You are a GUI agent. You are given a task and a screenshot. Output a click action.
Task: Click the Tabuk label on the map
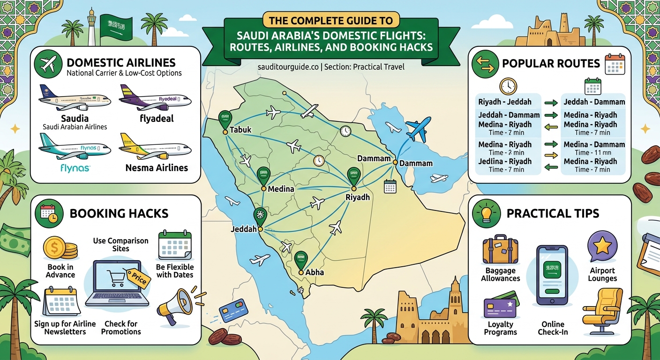pos(241,130)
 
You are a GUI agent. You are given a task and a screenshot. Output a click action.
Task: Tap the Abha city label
pos(314,272)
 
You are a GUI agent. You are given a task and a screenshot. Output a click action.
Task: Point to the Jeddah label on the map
pos(244,229)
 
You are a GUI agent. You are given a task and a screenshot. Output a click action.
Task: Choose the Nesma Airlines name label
pos(157,167)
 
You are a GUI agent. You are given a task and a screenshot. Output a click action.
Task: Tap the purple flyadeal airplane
pos(155,99)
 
